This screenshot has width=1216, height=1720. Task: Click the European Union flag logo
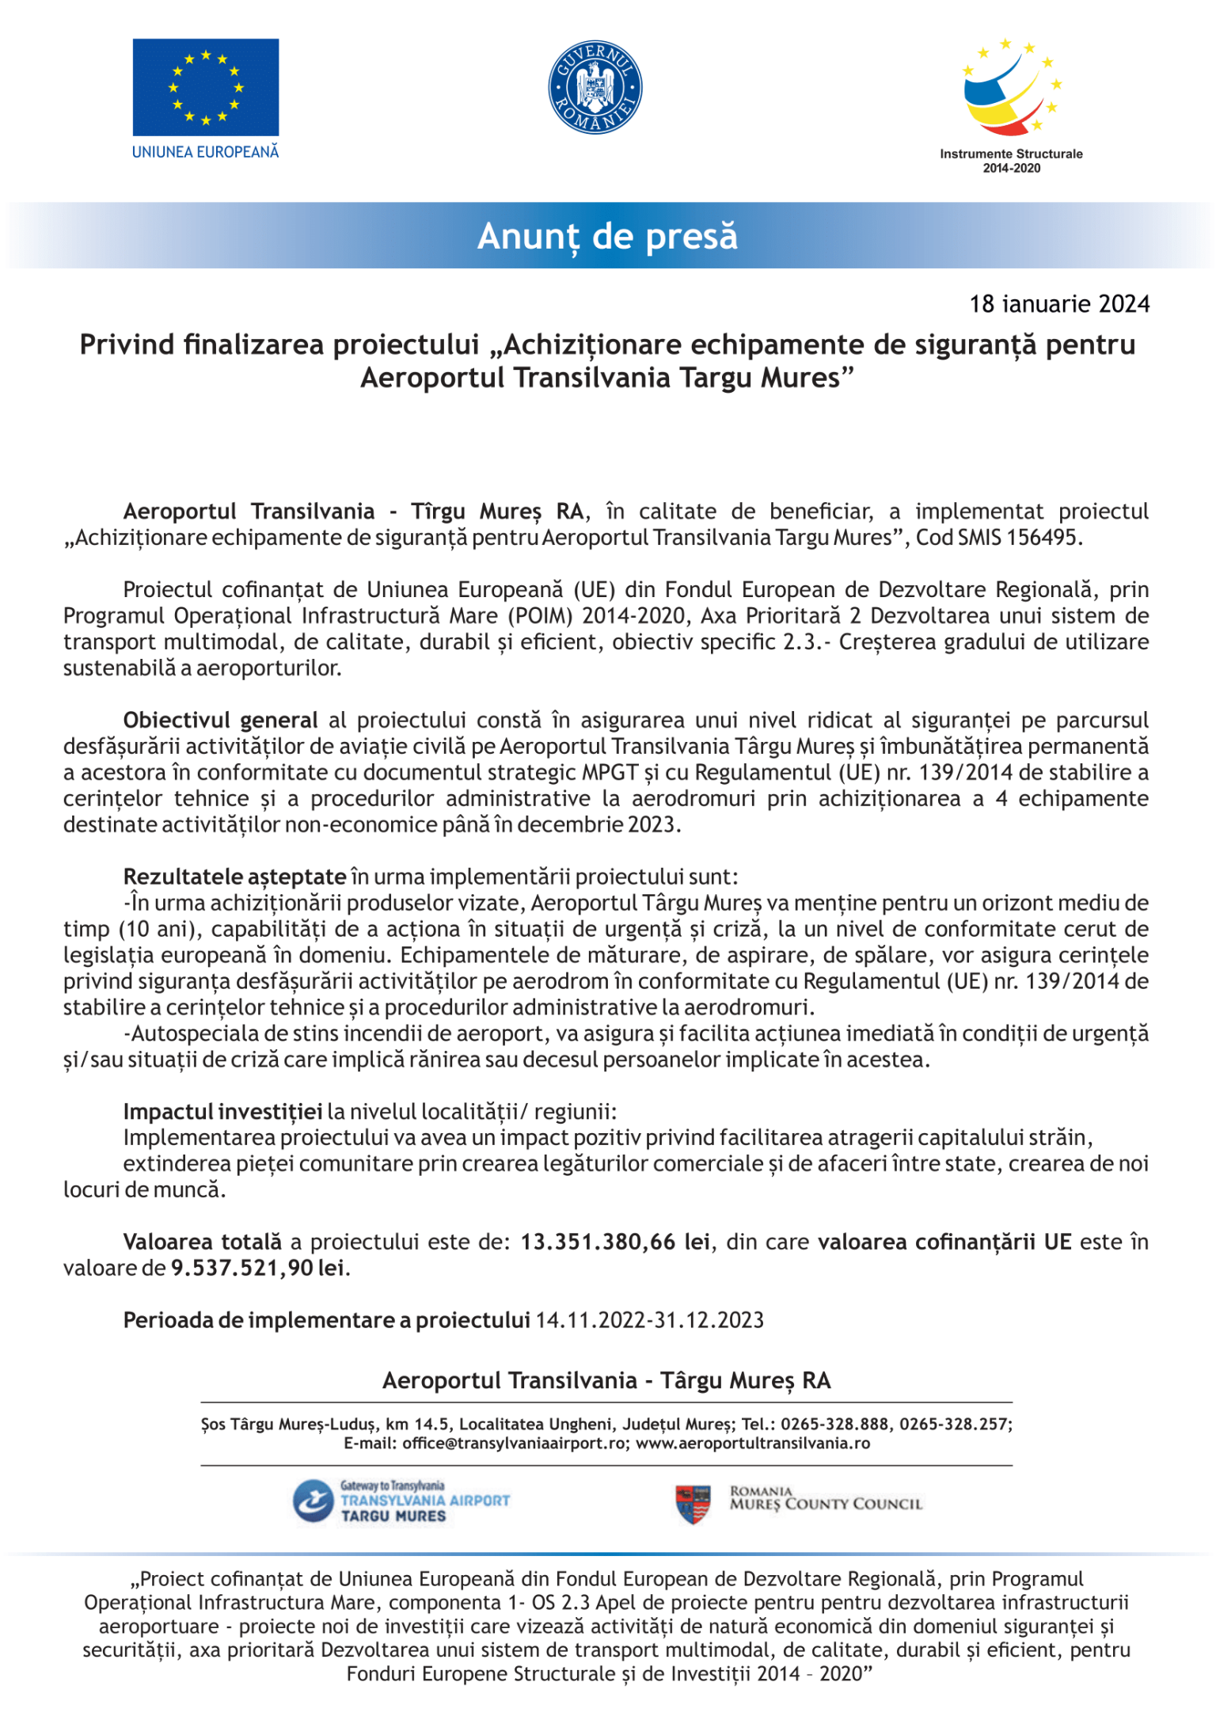click(x=205, y=87)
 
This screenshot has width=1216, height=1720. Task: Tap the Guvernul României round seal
click(x=595, y=87)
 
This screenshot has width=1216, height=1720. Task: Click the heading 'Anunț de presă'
click(x=607, y=236)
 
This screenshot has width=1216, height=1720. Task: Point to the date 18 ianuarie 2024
click(x=1059, y=304)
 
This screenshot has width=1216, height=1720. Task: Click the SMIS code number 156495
click(x=1042, y=538)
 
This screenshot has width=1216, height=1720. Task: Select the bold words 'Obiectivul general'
click(x=220, y=720)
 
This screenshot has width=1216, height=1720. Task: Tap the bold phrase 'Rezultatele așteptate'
click(x=234, y=877)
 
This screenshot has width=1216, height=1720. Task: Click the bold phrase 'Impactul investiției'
click(x=222, y=1112)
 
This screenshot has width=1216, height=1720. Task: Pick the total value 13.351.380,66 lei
click(x=614, y=1242)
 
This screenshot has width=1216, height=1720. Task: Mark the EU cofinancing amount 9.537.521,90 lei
click(x=257, y=1268)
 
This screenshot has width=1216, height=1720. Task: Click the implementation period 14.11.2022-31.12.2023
click(x=649, y=1320)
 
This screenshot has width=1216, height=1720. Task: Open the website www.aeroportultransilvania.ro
click(x=752, y=1443)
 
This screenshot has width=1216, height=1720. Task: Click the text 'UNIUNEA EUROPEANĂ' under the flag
click(x=205, y=152)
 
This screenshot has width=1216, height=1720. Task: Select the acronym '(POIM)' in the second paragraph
click(x=540, y=615)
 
